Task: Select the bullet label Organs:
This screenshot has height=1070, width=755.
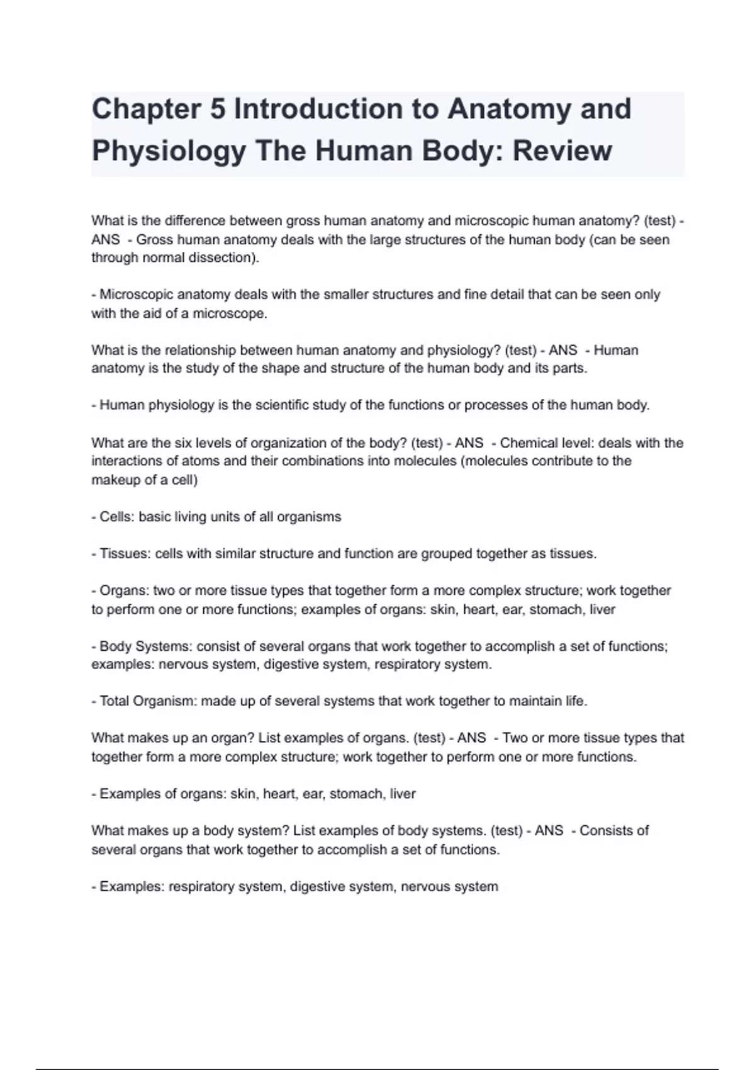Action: [125, 590]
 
